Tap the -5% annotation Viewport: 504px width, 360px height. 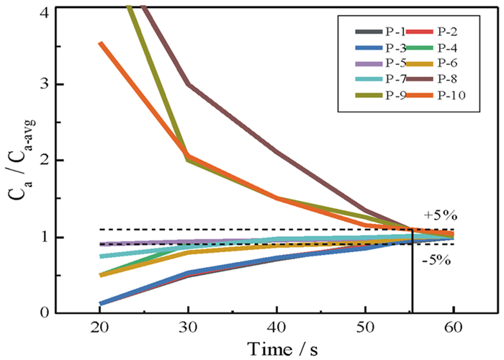[x=437, y=260]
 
